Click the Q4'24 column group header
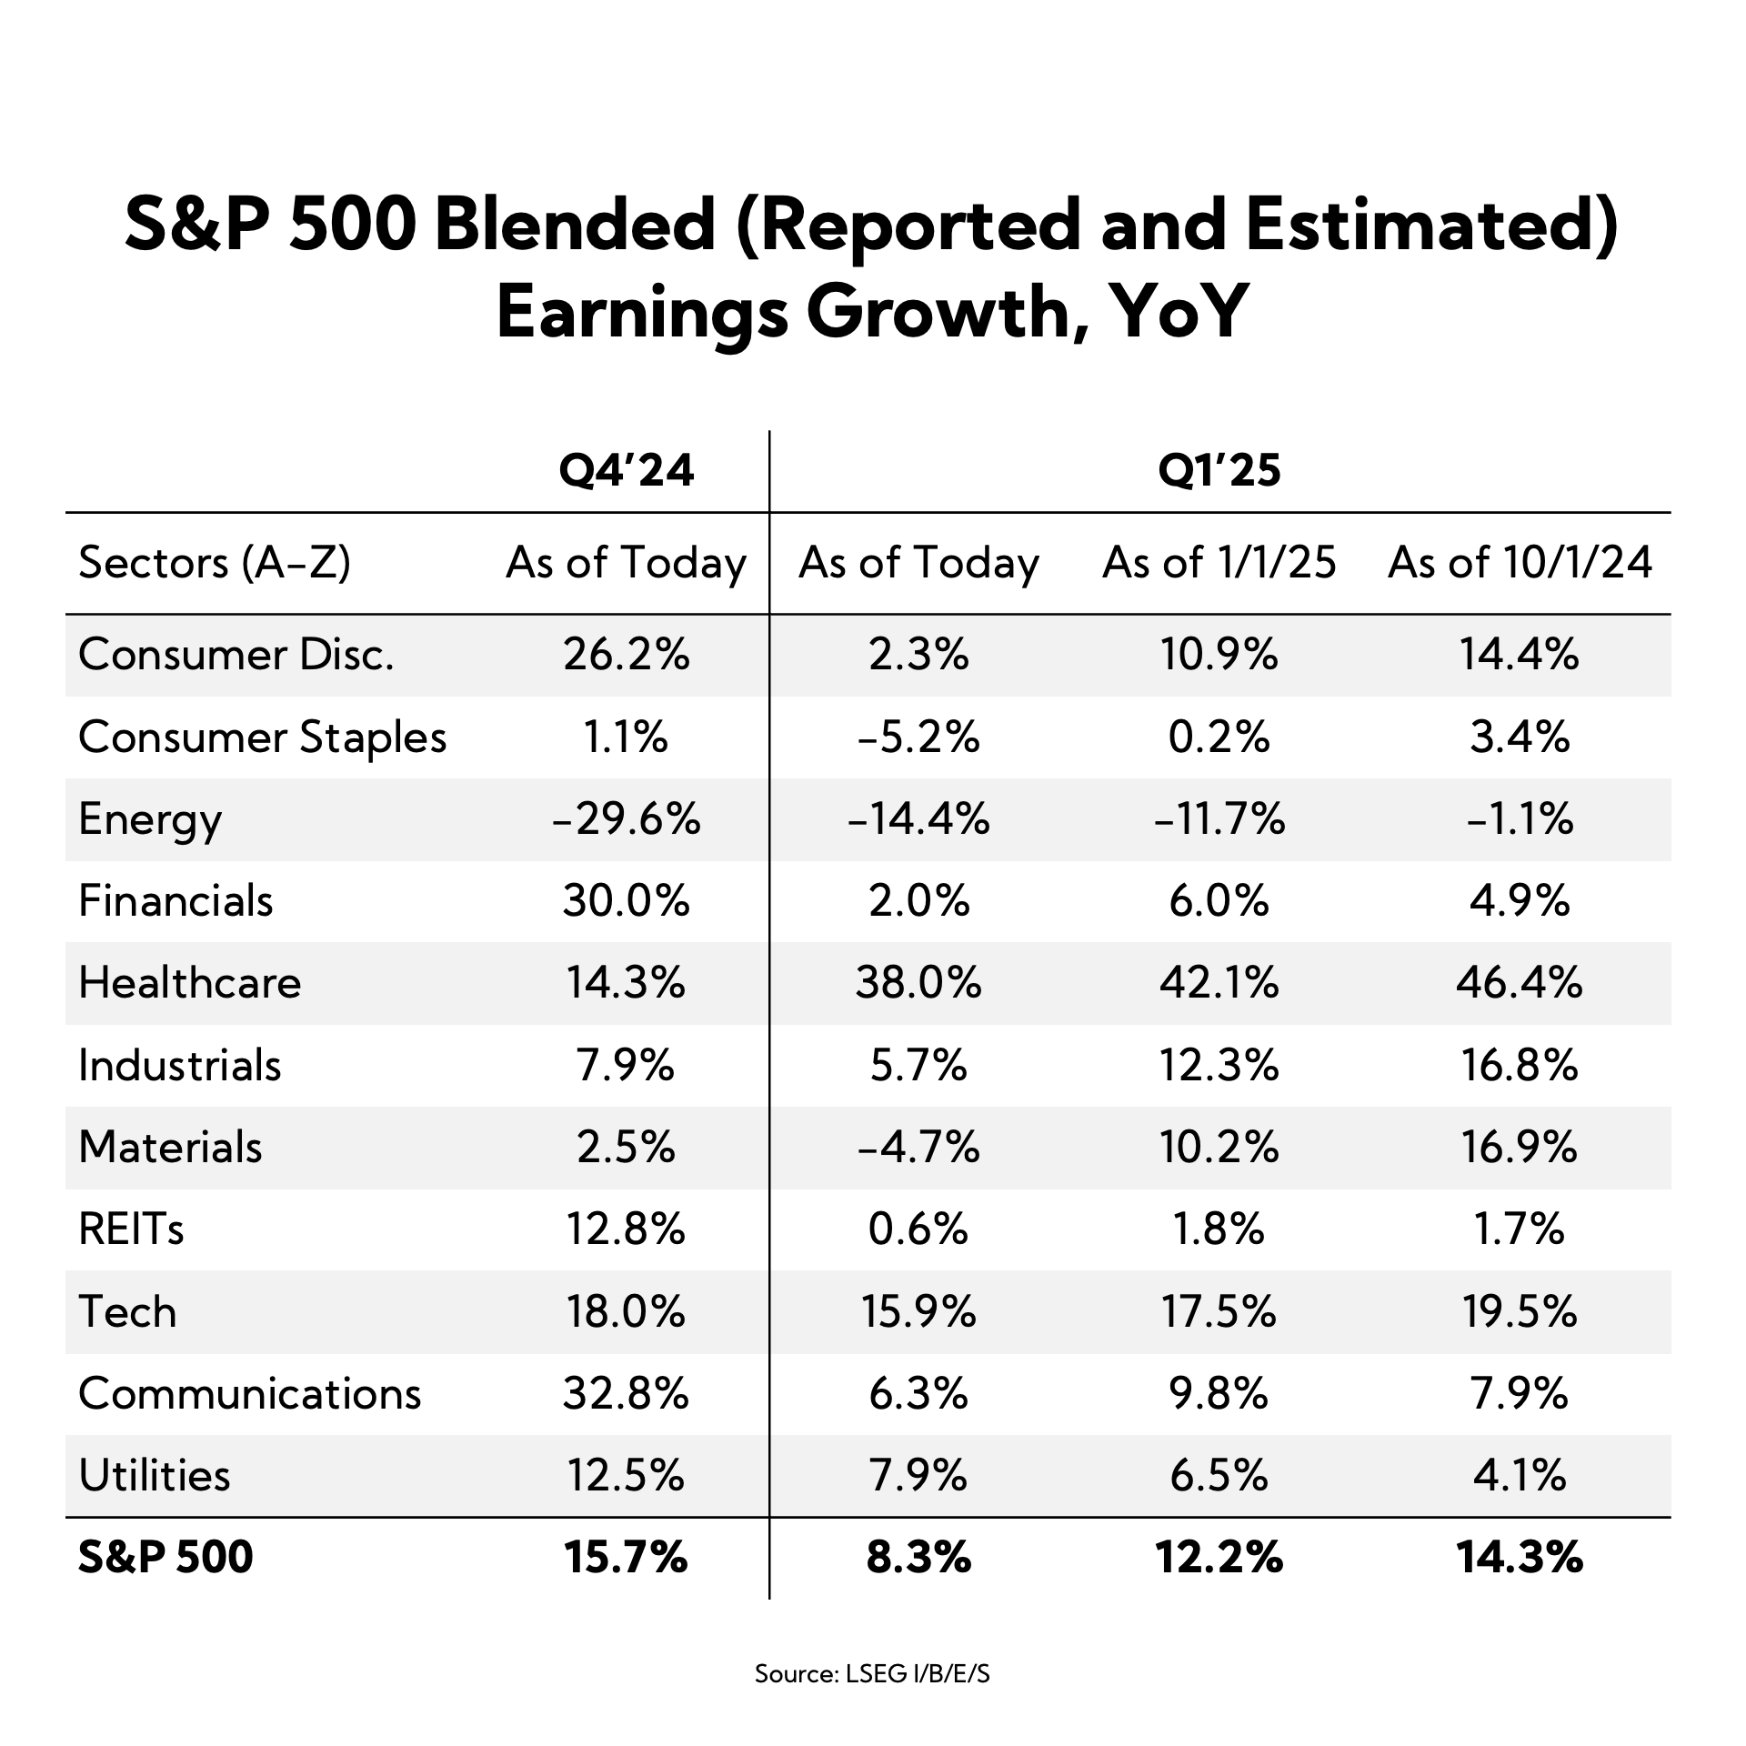tap(626, 471)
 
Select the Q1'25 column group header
tap(1219, 471)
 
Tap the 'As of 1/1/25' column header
tap(1219, 563)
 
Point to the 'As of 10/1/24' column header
tap(1519, 563)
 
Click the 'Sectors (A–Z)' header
tap(215, 563)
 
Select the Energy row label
tap(150, 819)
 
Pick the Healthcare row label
tap(189, 983)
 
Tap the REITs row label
tap(131, 1229)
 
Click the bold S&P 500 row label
tap(166, 1558)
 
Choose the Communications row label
tap(249, 1393)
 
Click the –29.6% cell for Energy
tap(626, 819)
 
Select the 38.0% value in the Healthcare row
tap(918, 983)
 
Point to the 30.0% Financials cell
tap(626, 901)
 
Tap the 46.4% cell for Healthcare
tap(1519, 983)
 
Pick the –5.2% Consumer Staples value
tap(918, 737)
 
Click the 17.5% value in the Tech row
tap(1219, 1311)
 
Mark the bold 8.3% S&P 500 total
tap(918, 1558)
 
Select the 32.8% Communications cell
tap(626, 1393)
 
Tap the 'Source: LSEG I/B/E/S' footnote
tap(872, 1673)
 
